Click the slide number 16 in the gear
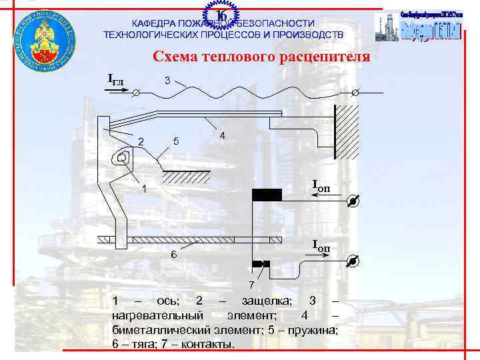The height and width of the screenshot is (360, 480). tap(223, 15)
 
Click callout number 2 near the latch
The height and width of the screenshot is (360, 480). tap(141, 140)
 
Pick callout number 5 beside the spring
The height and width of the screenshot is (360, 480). tap(175, 141)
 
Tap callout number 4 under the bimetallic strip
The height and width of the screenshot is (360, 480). tap(221, 136)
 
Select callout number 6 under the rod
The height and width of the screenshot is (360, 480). tap(173, 254)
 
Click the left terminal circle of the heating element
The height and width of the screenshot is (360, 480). tap(136, 93)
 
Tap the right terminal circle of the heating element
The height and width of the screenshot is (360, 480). tap(355, 93)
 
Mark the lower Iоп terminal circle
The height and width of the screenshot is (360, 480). tap(354, 262)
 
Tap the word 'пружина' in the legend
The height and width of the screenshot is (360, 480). tap(315, 330)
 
